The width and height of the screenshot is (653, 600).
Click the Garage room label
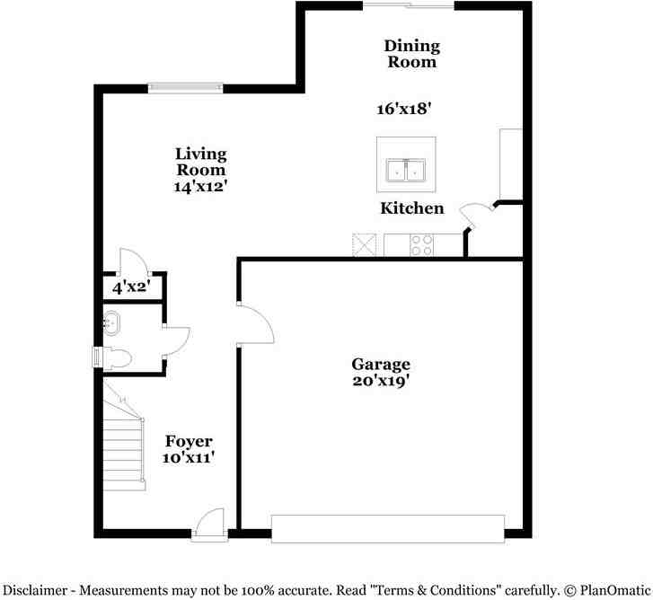click(381, 364)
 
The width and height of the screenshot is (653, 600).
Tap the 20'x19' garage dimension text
click(381, 380)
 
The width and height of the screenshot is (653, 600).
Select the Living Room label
click(200, 162)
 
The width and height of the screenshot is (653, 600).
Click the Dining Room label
click(411, 54)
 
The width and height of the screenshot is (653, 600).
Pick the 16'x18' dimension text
click(404, 109)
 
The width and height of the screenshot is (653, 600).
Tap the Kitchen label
click(412, 208)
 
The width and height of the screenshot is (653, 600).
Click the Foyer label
click(189, 441)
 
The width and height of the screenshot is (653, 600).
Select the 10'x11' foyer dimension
click(189, 457)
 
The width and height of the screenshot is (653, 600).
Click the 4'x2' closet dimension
click(130, 287)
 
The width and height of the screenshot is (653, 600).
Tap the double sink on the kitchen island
click(406, 170)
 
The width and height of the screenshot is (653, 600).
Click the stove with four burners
click(422, 245)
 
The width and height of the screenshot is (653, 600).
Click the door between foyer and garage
click(254, 323)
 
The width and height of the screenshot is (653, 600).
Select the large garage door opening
click(388, 528)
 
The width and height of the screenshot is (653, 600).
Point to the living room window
click(185, 87)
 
